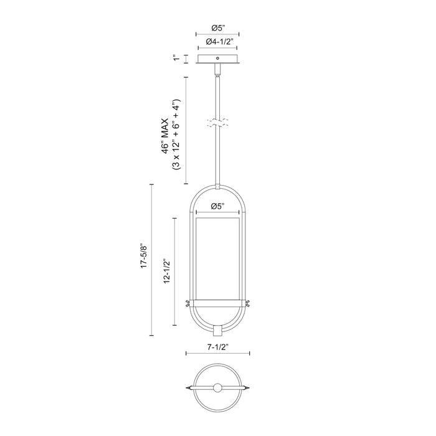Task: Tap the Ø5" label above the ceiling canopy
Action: tap(217, 27)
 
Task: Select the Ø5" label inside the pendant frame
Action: tap(217, 206)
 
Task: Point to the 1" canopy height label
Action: tap(178, 59)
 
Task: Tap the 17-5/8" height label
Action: tap(144, 257)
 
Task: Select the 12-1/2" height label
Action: tap(166, 271)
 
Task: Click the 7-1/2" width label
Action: tap(217, 346)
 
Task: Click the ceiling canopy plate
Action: tap(217, 60)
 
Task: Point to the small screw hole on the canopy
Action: tap(217, 60)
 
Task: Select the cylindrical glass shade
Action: tap(217, 255)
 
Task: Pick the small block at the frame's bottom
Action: tap(217, 329)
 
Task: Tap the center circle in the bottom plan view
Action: tap(217, 387)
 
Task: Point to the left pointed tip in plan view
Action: tap(187, 387)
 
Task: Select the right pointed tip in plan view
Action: tap(249, 387)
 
